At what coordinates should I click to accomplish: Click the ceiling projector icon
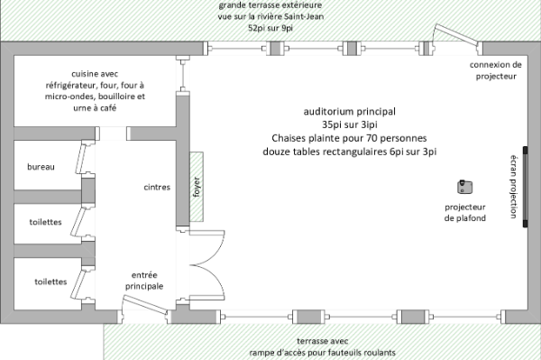point(464,187)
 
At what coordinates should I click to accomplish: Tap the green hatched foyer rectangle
point(197,187)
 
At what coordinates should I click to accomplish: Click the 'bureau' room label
point(41,167)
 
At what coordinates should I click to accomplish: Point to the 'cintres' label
point(157,187)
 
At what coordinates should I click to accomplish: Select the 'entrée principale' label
point(144,281)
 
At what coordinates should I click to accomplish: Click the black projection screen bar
point(525,187)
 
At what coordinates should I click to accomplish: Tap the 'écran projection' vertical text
point(514,187)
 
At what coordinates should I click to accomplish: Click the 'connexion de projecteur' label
point(496,70)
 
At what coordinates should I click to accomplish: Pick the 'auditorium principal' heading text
point(350,112)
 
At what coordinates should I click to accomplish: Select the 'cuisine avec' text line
point(95,73)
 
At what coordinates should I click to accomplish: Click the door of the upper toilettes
point(78,222)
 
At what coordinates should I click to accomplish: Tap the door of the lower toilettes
point(78,284)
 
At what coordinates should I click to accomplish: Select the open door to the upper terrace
point(456,34)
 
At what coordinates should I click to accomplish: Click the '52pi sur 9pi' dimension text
point(270,28)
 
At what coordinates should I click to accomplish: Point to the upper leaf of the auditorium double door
point(207,247)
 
